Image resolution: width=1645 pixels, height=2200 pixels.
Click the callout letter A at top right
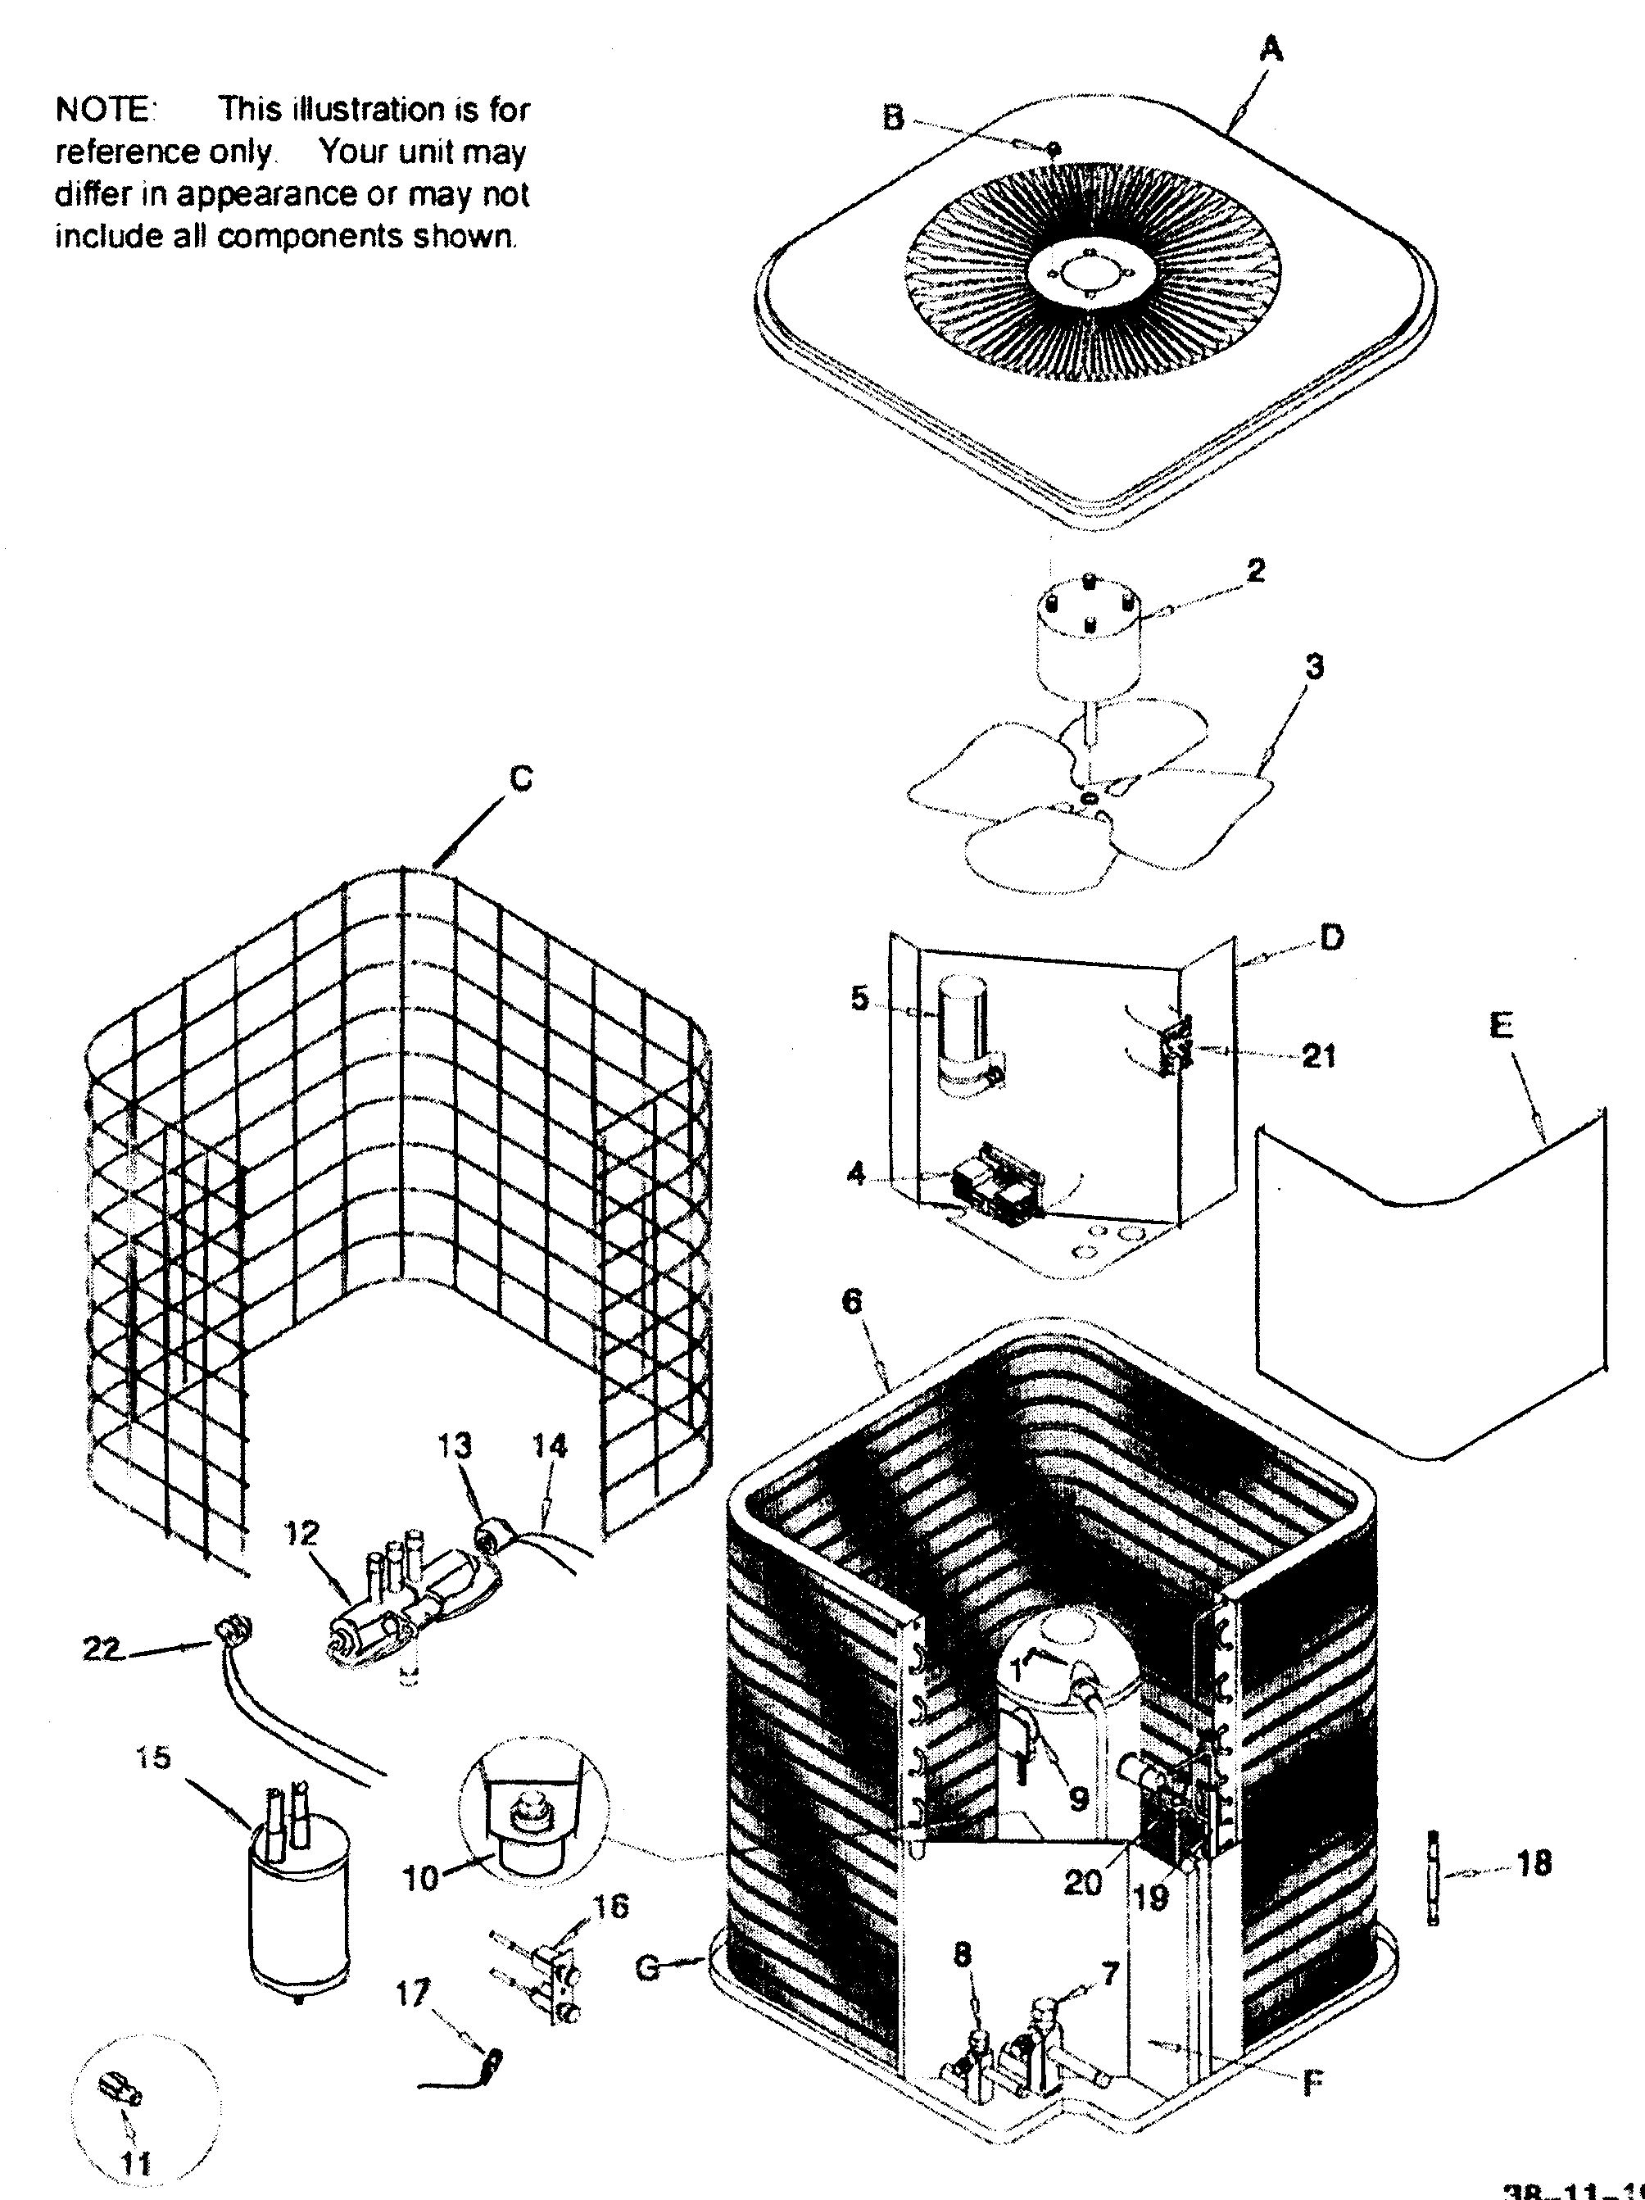point(1270,48)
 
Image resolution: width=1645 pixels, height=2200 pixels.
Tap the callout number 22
point(102,1649)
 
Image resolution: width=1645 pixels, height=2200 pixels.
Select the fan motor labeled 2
point(1087,637)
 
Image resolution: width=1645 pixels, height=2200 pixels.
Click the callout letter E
point(1501,1025)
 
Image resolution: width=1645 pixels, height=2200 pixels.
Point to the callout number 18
point(1533,1863)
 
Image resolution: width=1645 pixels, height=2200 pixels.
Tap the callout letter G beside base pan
point(647,1967)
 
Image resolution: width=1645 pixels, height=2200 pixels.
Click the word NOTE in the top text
point(102,110)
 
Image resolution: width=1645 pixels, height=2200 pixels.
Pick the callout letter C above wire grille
point(520,778)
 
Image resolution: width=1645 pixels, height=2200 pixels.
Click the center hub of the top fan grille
point(1091,270)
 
